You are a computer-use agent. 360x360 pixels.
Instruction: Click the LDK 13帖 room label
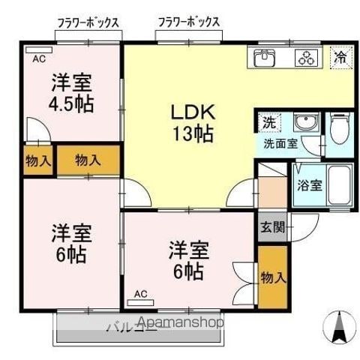tap(193, 123)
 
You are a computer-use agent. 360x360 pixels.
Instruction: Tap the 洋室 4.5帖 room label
tap(71, 93)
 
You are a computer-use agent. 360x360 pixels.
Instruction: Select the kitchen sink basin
tap(265, 58)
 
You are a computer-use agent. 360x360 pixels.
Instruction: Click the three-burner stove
tap(307, 58)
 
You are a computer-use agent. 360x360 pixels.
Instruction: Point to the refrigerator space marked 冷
tap(341, 58)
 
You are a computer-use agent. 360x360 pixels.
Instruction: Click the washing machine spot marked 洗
tap(269, 122)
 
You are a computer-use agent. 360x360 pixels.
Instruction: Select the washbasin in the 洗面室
tap(307, 121)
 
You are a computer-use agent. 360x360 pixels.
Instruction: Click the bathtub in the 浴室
tap(339, 185)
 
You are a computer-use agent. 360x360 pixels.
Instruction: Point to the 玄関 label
tap(272, 227)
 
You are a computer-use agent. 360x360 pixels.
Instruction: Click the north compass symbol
tap(339, 326)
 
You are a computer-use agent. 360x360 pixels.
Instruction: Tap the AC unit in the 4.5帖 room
tap(39, 50)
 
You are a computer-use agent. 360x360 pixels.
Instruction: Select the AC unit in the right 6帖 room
tap(140, 302)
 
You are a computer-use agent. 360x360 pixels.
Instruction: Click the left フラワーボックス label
tap(88, 23)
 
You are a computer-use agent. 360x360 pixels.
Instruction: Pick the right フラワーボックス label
tap(189, 22)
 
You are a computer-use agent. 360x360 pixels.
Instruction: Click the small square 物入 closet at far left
tap(38, 160)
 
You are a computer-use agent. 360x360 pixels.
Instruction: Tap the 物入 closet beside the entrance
tap(272, 277)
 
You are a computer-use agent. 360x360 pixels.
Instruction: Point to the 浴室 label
tap(310, 185)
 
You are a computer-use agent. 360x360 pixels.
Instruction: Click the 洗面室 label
tap(280, 143)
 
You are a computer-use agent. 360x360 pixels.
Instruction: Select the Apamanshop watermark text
tap(181, 322)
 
